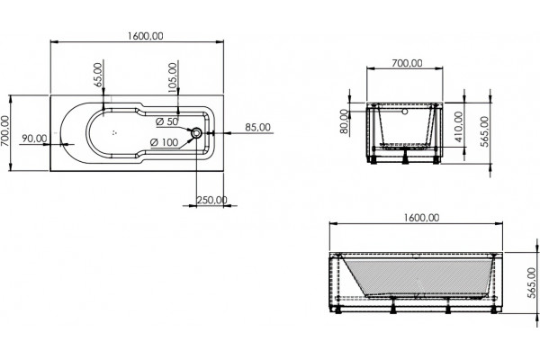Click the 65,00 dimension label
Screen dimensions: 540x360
click(x=98, y=75)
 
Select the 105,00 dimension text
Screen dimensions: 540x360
click(x=173, y=77)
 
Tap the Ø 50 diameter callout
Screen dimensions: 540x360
click(x=167, y=121)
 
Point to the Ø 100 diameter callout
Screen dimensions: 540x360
click(x=165, y=142)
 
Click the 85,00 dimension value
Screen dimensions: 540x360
click(x=257, y=127)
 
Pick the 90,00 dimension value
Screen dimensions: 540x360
click(x=34, y=139)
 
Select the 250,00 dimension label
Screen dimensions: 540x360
click(x=211, y=200)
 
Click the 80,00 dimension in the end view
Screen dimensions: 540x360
click(x=344, y=121)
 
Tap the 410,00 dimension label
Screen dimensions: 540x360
click(x=459, y=127)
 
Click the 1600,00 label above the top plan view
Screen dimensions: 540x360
click(x=145, y=36)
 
